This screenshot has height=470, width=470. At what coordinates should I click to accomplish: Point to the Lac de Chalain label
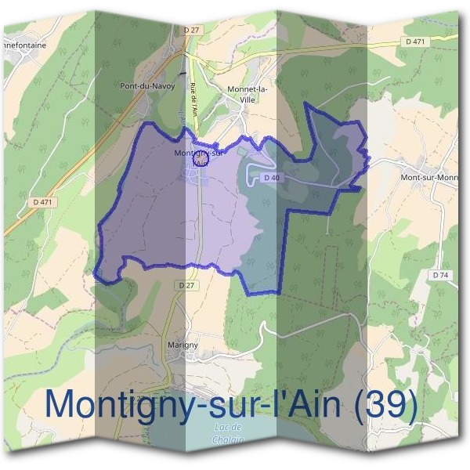pos(228,433)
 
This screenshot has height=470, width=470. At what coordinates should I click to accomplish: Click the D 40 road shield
pos(271,178)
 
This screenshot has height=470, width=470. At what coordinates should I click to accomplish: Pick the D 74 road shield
pos(440,275)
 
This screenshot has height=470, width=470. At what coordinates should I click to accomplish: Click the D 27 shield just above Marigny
pos(186,286)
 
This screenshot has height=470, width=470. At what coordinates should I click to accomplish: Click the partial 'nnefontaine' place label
pos(23,45)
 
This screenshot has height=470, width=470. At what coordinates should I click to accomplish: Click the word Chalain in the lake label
pos(228,439)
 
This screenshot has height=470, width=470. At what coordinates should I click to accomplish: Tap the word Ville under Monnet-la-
pos(248,99)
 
